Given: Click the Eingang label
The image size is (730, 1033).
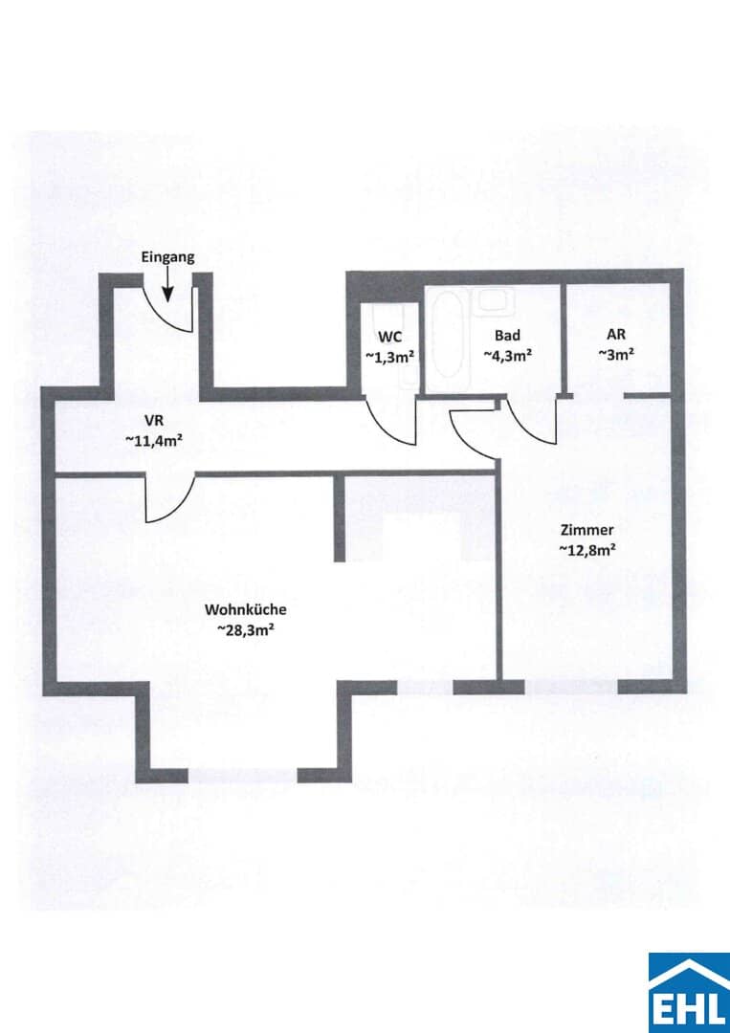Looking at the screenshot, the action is pos(168,257).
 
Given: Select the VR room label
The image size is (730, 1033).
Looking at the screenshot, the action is pos(153,420).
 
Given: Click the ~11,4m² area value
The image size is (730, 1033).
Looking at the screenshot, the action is pos(153,441).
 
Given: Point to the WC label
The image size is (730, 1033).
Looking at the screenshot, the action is pos(390,337).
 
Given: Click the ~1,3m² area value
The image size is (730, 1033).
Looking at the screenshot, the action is pos(390,357).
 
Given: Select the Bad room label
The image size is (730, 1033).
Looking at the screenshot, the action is pos(507,336).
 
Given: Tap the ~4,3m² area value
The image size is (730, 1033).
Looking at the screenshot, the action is pos(507,356).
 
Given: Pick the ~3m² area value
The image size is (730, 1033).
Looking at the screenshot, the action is pos(616,355).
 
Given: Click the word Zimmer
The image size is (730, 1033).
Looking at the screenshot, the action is pos(587,530).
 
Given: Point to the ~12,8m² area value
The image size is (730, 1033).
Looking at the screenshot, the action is pos(587,549).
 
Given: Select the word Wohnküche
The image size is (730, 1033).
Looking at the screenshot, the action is pos(245,610).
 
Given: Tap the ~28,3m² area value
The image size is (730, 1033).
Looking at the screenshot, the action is pos(245,630).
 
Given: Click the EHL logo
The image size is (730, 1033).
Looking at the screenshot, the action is pos(689,992).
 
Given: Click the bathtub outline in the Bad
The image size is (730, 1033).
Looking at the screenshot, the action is pos(450,334).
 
